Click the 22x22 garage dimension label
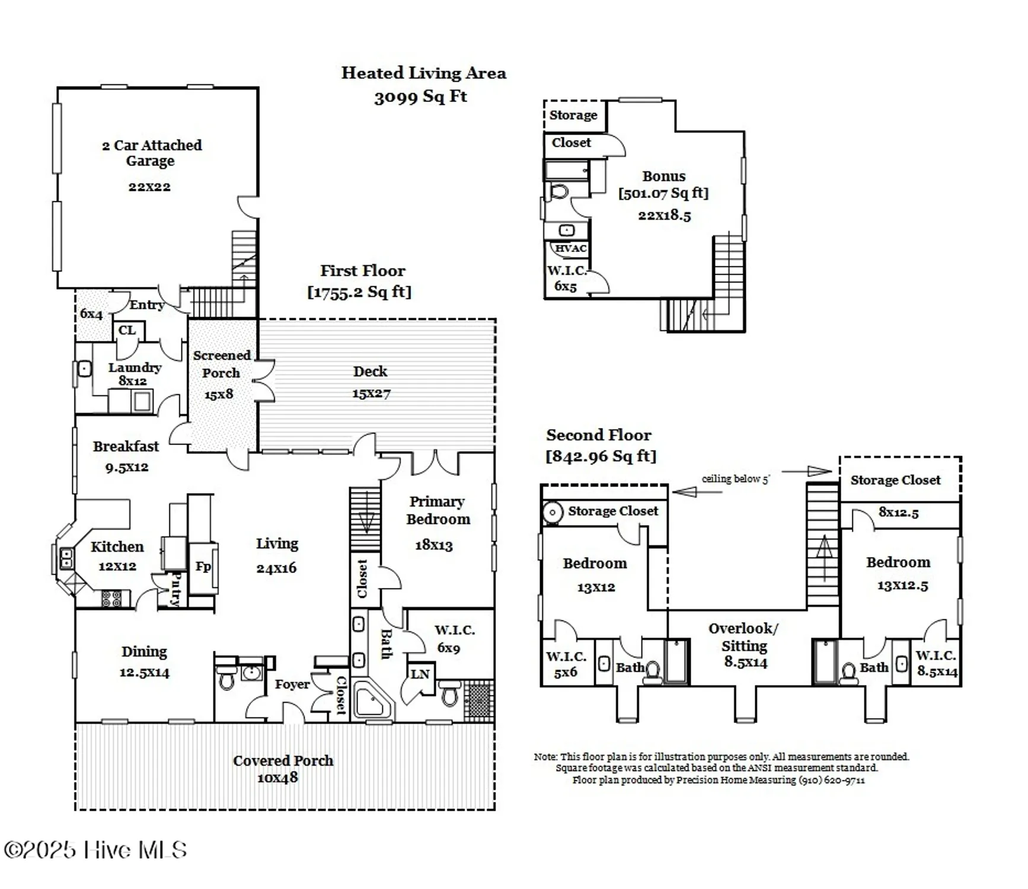click(x=149, y=187)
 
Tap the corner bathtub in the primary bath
click(x=372, y=701)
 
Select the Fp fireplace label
click(x=203, y=567)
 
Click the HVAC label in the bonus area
click(x=570, y=248)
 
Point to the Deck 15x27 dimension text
click(x=371, y=394)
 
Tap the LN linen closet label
click(x=420, y=674)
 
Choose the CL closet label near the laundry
click(x=127, y=330)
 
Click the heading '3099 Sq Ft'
click(x=420, y=97)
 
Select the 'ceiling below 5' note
click(x=735, y=479)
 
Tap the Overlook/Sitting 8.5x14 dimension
click(x=745, y=663)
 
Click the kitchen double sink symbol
click(x=66, y=558)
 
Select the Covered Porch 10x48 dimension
click(x=277, y=778)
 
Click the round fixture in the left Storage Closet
click(x=553, y=512)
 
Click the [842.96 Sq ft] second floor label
click(x=601, y=456)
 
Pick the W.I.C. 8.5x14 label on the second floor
click(x=937, y=663)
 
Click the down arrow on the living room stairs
click(x=366, y=522)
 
